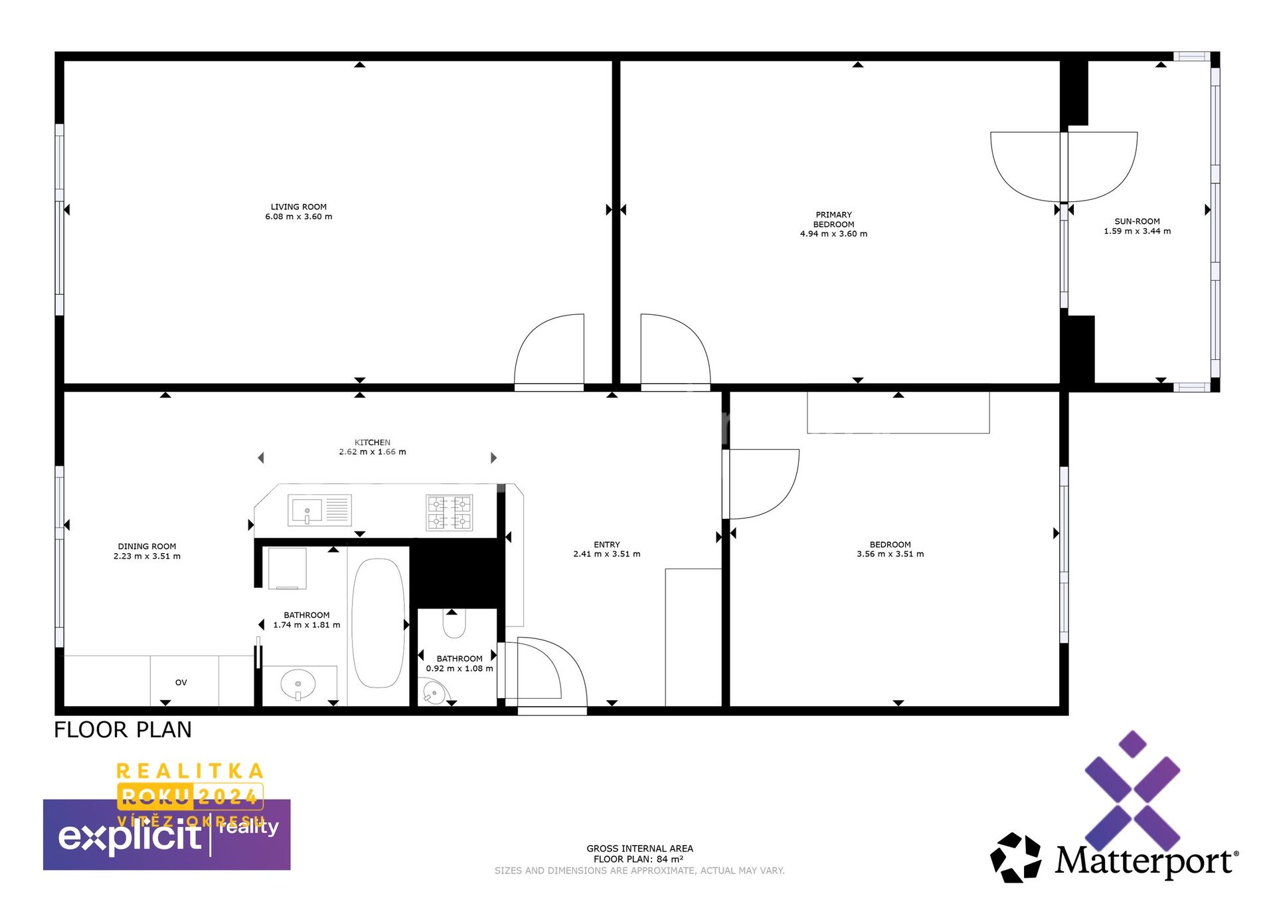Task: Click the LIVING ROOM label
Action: [299, 207]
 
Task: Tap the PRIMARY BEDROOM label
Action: [833, 219]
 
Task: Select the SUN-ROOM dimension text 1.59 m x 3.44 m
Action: [1137, 231]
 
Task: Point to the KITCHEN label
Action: [373, 442]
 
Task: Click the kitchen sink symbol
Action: [319, 510]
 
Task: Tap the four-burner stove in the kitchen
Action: [449, 513]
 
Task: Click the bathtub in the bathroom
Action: [378, 623]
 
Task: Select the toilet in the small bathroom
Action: [454, 622]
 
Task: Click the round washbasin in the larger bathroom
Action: [298, 683]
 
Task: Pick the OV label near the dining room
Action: [181, 682]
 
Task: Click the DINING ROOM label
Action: [147, 547]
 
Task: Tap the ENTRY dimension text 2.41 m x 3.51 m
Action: [607, 554]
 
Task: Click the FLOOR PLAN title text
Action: [123, 730]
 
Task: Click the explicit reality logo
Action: [167, 834]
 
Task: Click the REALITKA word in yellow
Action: [190, 771]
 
